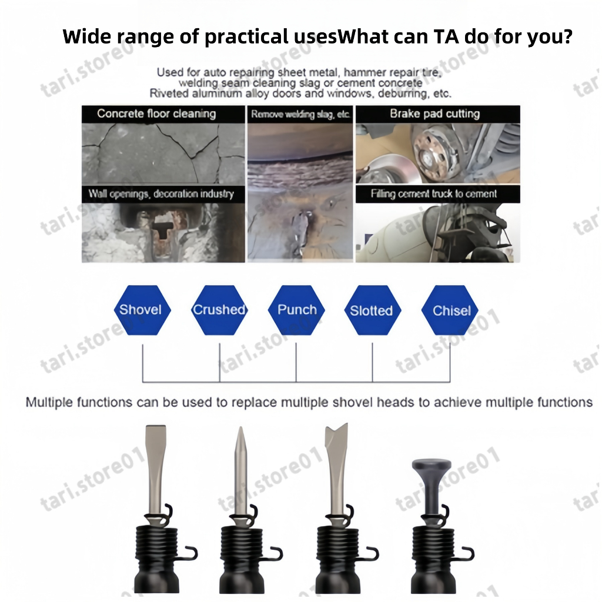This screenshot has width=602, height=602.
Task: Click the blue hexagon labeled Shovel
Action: [142, 310]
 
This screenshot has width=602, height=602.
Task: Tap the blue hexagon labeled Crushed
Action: [219, 310]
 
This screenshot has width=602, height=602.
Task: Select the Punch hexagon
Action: [296, 310]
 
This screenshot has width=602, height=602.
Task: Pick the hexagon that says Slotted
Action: [372, 310]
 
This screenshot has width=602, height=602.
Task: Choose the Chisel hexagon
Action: [450, 310]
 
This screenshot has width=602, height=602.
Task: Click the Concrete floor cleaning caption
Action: [156, 113]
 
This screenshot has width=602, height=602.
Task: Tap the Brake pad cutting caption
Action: [434, 113]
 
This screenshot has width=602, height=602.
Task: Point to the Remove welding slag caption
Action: [300, 114]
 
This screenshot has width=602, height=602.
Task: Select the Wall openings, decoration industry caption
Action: [161, 194]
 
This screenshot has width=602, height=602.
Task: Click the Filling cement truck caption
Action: [434, 194]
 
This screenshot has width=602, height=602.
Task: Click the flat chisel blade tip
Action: [155, 427]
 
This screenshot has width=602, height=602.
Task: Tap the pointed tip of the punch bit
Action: [240, 428]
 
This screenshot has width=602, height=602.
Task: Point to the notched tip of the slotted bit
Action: [337, 428]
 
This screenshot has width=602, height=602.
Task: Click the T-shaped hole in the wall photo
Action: [163, 229]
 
